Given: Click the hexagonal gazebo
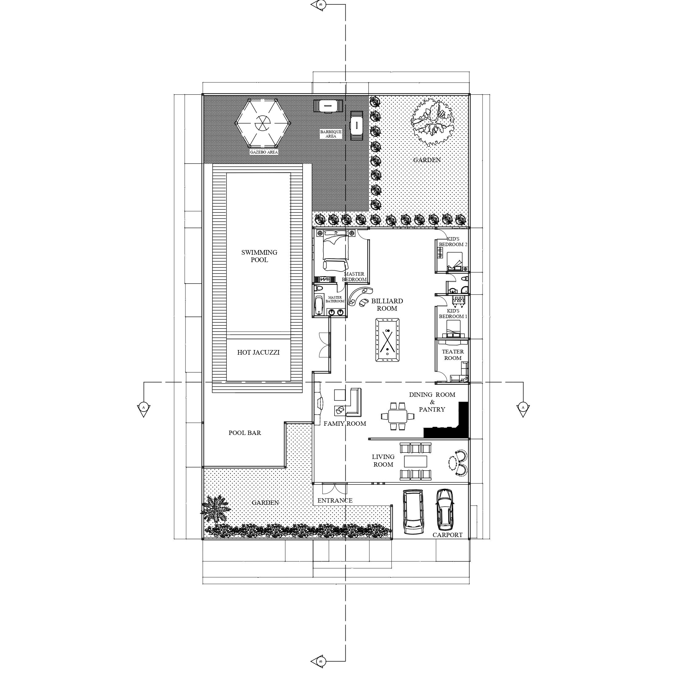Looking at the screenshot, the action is pos(263,123).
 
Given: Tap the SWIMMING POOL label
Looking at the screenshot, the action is pos(259,256).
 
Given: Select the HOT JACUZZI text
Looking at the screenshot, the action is pos(259,352).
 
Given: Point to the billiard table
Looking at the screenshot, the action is pos(387,340).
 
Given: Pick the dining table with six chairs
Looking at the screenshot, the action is pos(398,416).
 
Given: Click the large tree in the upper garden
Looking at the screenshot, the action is pos(433,122).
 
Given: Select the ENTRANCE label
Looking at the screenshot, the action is pos(335,500).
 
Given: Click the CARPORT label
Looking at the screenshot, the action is pos(447,535).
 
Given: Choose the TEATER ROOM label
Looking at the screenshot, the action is pos(453,355).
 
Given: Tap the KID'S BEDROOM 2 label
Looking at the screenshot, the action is pos(453,241).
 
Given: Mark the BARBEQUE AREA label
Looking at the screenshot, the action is pos(331,134).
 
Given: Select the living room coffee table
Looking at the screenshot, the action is pos(415,461).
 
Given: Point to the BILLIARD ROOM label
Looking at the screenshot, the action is pos(387,305).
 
